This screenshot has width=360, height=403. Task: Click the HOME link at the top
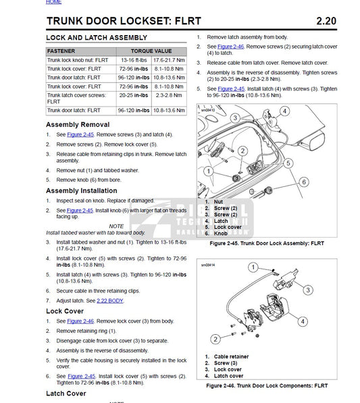point(53,3)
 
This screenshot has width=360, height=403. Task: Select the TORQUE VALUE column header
point(151,51)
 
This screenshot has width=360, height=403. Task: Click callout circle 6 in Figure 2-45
point(304,182)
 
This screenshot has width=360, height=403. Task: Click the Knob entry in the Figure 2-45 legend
point(220,233)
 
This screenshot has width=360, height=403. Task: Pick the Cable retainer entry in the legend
point(230,356)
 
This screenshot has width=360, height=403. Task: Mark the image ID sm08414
point(208,266)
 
